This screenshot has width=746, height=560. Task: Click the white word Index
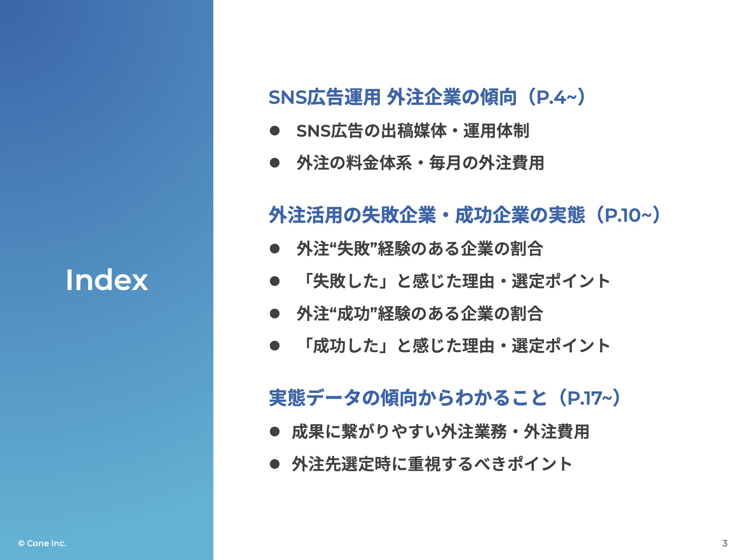[x=107, y=280]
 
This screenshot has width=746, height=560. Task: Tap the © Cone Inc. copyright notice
[x=42, y=543]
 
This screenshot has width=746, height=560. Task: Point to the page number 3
[x=724, y=543]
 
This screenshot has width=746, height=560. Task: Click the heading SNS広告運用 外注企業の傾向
[x=393, y=97]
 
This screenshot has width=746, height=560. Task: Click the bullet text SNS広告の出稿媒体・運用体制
[x=413, y=131]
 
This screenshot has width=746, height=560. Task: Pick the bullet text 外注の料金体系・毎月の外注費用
[x=420, y=163]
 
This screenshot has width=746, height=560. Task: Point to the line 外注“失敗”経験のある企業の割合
[x=420, y=249]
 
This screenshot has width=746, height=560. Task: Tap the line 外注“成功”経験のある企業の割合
[x=420, y=313]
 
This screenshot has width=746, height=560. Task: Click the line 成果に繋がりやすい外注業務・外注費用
[x=441, y=432]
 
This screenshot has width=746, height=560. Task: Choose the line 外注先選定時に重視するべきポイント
[x=432, y=464]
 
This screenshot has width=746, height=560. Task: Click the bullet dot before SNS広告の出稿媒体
[x=275, y=131]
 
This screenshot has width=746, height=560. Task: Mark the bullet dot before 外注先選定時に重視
[x=275, y=464]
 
